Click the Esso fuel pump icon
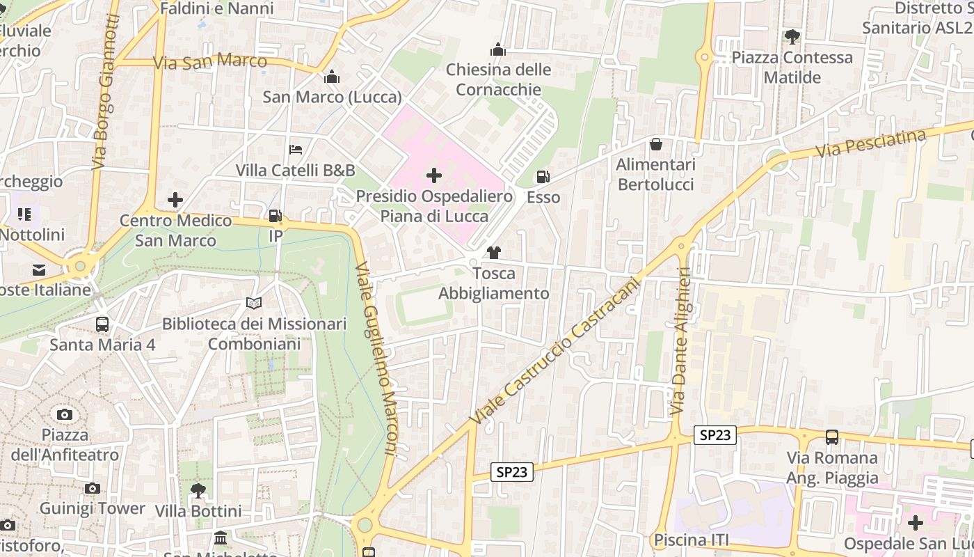tap(543, 178)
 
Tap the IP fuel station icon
tap(276, 216)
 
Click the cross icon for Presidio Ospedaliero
tap(434, 175)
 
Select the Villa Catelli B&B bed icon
tap(296, 150)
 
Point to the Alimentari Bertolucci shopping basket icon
tap(655, 144)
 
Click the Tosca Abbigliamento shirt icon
tap(494, 253)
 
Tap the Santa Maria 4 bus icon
tap(102, 324)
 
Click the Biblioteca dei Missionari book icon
tap(254, 304)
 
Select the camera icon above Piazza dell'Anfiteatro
tap(65, 414)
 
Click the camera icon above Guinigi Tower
tap(92, 488)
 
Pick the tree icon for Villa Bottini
tap(198, 490)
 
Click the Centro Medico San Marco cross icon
tap(175, 201)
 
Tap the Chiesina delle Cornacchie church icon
tap(498, 49)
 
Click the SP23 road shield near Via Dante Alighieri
tap(715, 435)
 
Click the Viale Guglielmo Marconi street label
tap(376, 359)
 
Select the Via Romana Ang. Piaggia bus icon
tap(832, 437)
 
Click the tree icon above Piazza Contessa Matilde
tap(792, 37)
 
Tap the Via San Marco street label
tap(209, 62)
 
